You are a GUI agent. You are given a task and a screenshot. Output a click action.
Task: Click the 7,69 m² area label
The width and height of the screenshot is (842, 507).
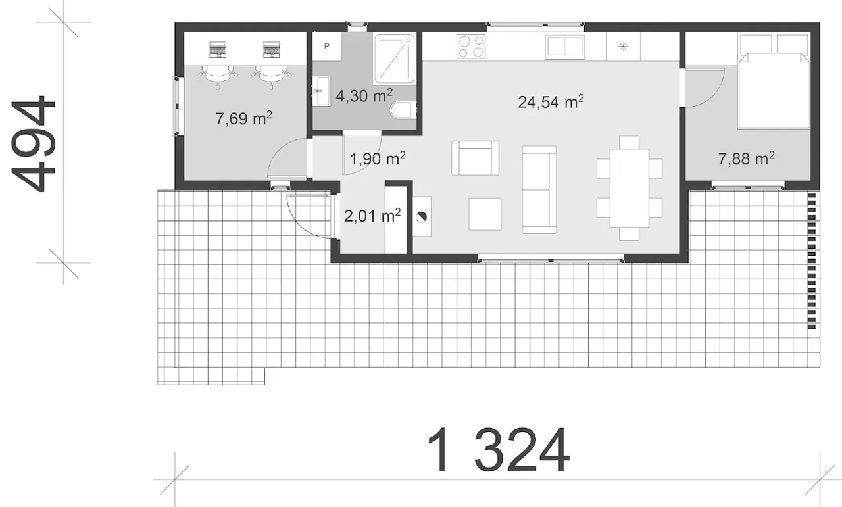coord(243,118)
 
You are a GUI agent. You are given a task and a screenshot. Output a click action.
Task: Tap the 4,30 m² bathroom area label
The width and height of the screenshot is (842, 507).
coord(364,95)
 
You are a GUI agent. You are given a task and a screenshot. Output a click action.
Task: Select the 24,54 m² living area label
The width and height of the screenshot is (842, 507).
coord(551,101)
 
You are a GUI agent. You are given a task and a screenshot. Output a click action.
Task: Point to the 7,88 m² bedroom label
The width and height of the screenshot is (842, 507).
coord(746,158)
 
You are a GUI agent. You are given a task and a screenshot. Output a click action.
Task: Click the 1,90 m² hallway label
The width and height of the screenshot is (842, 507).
coord(378,158)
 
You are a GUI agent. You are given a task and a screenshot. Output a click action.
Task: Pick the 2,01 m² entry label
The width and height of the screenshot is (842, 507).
coord(372,216)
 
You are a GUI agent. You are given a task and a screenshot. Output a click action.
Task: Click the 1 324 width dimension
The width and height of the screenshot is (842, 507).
coord(498,450)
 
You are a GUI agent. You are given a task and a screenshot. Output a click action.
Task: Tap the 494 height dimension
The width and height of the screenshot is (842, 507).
coord(34,143)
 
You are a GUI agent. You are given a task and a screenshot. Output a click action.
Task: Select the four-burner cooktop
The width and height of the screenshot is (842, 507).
coord(470,46)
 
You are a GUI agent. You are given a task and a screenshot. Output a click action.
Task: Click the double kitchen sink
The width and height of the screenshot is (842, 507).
coord(565,47)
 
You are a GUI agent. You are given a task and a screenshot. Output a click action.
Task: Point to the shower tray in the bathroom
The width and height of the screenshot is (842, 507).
coord(394,59)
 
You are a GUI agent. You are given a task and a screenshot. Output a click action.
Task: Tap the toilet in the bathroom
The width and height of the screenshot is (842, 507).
coord(403,110)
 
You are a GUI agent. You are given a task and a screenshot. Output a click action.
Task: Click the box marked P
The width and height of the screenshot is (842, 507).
coord(327,46)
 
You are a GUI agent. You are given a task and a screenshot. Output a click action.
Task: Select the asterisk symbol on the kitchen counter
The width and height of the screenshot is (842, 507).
coord(623,47)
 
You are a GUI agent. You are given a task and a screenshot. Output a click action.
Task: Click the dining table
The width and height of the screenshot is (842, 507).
coord(630,188)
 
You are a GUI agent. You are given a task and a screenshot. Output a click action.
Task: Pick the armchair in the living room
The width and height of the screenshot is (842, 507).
coord(475,158)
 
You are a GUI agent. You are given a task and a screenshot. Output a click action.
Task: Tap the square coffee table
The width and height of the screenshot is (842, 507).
coord(485,214)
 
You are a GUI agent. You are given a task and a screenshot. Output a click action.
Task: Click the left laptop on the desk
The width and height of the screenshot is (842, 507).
coord(218,49)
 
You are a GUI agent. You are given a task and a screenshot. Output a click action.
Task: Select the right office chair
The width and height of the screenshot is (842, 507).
coord(271,74)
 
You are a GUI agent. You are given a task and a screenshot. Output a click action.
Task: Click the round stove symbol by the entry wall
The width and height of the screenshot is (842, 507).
coord(422,216)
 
